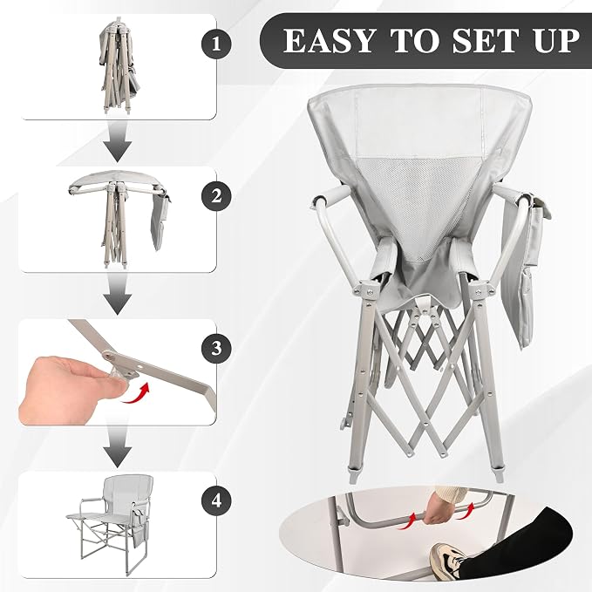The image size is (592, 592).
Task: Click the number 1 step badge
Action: (x=216, y=44)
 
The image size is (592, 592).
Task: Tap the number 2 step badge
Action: (x=216, y=195)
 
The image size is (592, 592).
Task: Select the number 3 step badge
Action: (x=216, y=348)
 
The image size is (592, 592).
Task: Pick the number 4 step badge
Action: (x=216, y=500)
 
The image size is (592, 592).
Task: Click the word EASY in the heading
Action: (x=329, y=40)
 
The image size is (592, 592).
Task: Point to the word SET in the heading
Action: (x=484, y=40)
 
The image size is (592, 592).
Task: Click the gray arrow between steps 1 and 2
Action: (x=118, y=141)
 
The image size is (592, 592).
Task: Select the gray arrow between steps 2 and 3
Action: (x=118, y=294)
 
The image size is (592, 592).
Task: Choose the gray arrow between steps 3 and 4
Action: (x=118, y=446)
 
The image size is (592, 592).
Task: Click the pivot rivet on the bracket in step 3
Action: (x=110, y=354)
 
